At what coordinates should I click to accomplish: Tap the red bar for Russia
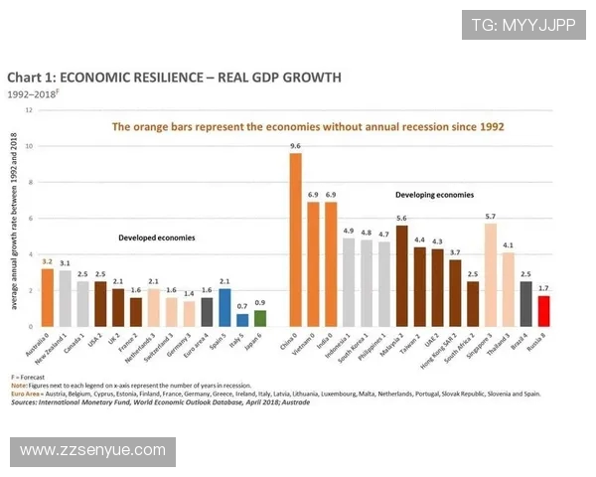pos(543,310)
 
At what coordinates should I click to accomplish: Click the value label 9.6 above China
pos(295,146)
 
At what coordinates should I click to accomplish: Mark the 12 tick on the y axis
pos(29,109)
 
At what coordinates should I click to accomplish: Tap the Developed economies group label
pos(156,238)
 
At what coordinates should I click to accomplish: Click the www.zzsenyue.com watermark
pos(92,451)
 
